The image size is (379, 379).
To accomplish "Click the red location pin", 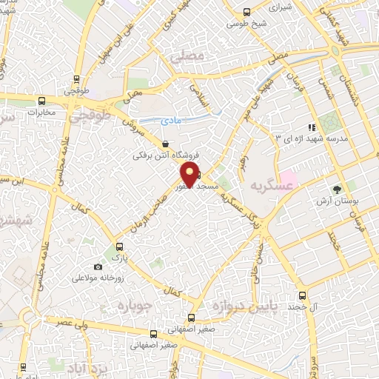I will pyautogui.click(x=190, y=175).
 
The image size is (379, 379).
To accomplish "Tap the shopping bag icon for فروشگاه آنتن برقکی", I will pyautogui.click(x=165, y=144).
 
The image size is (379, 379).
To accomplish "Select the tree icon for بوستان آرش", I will pyautogui.click(x=337, y=189).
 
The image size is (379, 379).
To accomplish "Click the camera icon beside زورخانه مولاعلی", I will pyautogui.click(x=98, y=266).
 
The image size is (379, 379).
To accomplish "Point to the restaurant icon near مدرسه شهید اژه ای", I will pyautogui.click(x=312, y=127).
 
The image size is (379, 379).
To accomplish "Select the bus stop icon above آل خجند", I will pyautogui.click(x=301, y=294).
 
